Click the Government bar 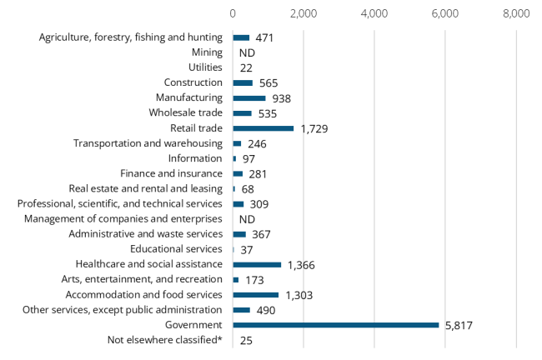(335, 325)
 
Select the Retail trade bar (263, 128)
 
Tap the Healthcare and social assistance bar (257, 264)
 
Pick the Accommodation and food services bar (256, 294)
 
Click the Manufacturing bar (249, 98)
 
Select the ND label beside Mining (246, 52)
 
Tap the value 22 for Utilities (246, 67)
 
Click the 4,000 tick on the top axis (374, 14)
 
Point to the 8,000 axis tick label (516, 14)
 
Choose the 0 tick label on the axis (233, 14)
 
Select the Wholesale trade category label (185, 112)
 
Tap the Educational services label (176, 249)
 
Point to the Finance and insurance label (171, 173)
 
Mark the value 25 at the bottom (246, 340)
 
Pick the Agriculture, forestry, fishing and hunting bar (241, 37)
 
